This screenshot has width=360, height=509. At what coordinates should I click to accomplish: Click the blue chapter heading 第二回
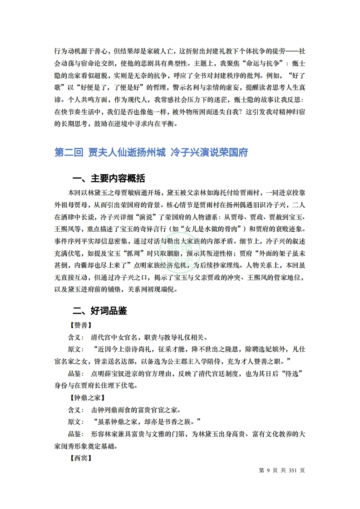pyautogui.click(x=69, y=152)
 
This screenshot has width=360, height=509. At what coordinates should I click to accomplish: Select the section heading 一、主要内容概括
pyautogui.click(x=109, y=178)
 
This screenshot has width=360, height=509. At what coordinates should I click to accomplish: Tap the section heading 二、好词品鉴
pyautogui.click(x=100, y=311)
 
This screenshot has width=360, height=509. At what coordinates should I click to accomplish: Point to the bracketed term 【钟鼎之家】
pyautogui.click(x=86, y=398)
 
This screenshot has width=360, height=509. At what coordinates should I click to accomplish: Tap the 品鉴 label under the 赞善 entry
pyautogui.click(x=75, y=373)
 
